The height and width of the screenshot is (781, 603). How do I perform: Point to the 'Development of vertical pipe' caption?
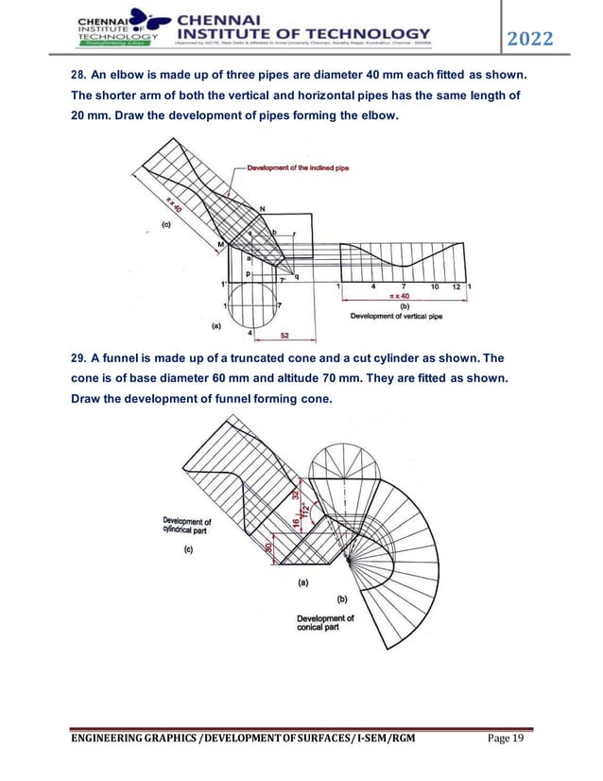tap(396, 317)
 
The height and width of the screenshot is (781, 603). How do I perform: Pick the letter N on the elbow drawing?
tap(261, 208)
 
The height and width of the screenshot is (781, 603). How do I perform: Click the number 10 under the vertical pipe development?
tap(434, 286)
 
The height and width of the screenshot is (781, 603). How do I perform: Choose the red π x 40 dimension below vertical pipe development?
tap(405, 297)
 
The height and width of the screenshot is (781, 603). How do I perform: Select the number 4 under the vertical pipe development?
tap(373, 286)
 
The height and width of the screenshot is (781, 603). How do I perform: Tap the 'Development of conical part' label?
tap(325, 624)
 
